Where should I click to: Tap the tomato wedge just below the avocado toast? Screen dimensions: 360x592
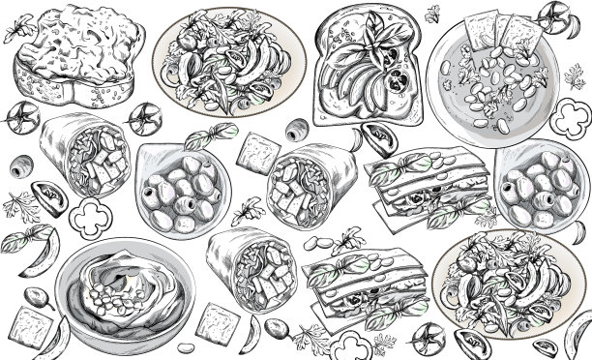point(375,136)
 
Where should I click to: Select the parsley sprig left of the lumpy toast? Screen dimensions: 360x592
point(14,31)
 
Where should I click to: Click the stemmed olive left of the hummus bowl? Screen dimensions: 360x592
point(36,297)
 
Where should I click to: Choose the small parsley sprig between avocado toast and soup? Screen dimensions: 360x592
point(432,13)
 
